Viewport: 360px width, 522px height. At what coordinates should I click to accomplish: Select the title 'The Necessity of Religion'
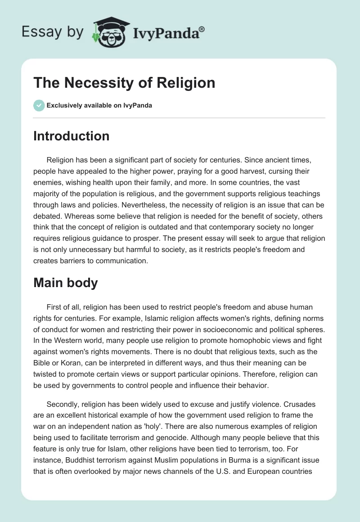(x=124, y=83)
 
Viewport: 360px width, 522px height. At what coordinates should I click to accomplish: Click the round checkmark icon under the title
(x=39, y=105)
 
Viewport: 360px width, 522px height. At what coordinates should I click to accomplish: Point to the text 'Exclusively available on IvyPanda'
(x=99, y=106)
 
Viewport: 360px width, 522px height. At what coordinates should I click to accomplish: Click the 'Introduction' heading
(x=71, y=136)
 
